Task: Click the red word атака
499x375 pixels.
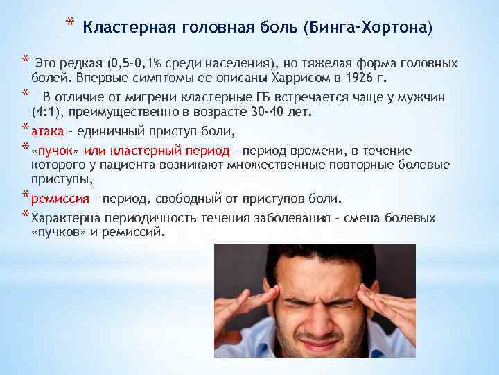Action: coord(47,131)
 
